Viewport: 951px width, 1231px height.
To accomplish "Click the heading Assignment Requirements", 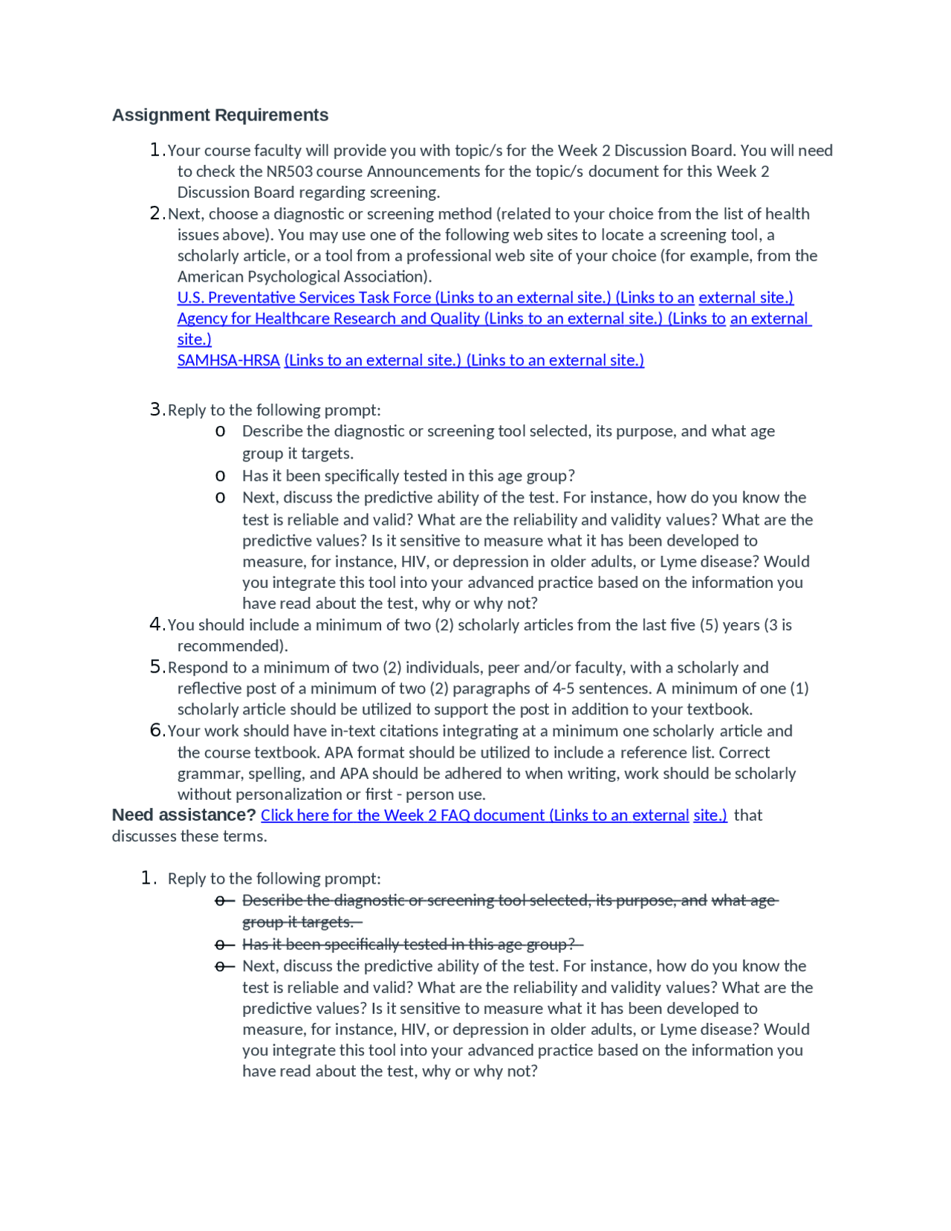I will click(220, 115).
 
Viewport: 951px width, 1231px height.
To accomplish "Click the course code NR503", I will click(289, 172).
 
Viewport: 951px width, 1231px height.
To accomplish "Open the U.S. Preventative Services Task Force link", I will click(304, 297).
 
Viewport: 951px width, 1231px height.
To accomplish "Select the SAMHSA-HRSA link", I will click(228, 361).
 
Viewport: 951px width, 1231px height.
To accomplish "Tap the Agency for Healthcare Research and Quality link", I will click(328, 319).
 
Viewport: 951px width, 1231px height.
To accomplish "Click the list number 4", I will click(155, 624).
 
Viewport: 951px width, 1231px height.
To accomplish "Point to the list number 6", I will click(155, 731).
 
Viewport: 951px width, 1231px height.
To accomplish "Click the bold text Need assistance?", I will click(184, 815).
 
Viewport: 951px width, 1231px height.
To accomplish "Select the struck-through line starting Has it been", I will click(409, 944).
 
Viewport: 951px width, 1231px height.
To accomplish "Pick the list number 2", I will click(155, 214).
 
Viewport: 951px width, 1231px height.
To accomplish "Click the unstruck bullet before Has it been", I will click(220, 476).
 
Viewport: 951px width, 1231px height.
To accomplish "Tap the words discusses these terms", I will click(189, 836).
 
